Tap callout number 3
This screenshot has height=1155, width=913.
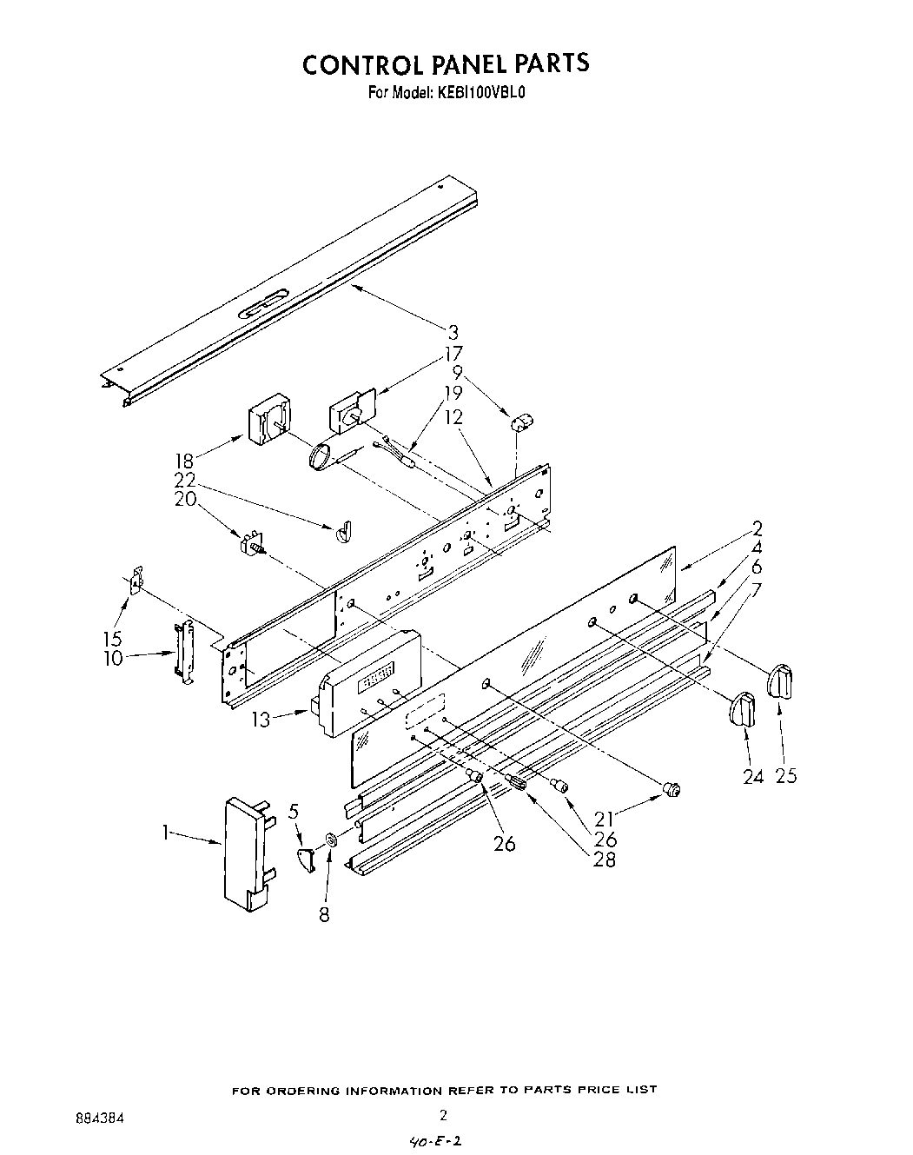coord(453,331)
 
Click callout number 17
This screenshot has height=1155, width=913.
coord(453,354)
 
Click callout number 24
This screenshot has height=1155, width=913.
coord(752,776)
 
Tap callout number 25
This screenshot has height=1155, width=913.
coord(785,776)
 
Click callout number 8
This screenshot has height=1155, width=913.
coord(324,914)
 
